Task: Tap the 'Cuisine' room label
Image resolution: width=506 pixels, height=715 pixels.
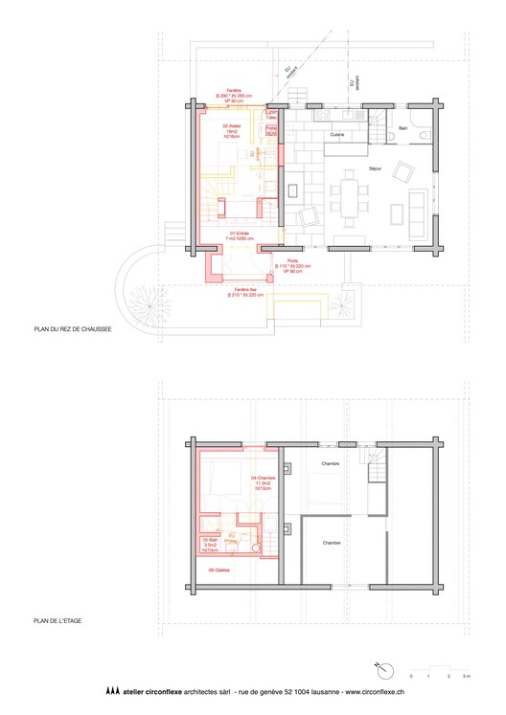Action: [337, 135]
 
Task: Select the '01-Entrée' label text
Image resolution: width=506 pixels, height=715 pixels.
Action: [240, 233]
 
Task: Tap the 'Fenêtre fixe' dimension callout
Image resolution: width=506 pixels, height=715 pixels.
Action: [244, 292]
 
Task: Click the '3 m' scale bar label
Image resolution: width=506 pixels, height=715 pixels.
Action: [467, 677]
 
